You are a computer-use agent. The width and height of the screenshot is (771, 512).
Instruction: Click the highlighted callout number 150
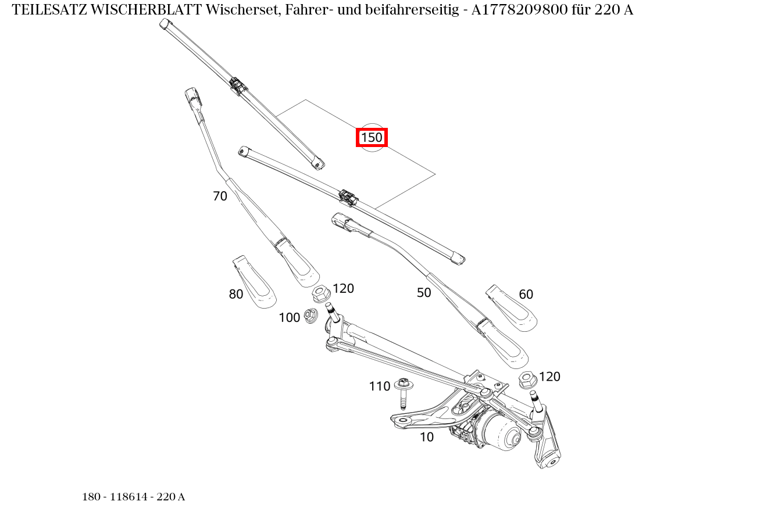372,138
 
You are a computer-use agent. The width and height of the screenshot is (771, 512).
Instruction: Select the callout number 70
220,196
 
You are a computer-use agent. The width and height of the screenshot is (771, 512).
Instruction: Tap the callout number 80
235,295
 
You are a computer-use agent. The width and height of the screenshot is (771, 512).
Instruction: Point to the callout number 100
289,317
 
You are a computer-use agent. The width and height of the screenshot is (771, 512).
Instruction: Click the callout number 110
379,386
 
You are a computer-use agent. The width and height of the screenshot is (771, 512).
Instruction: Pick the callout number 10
426,437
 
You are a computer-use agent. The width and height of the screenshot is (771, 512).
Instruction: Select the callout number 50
424,293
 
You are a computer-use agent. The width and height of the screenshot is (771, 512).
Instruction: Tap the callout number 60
526,295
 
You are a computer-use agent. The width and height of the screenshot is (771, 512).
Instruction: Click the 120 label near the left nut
343,289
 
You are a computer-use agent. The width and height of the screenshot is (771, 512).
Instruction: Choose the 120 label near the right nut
549,377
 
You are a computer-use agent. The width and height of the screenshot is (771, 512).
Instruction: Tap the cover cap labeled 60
511,309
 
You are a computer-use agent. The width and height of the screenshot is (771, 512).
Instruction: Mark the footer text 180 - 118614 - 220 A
133,497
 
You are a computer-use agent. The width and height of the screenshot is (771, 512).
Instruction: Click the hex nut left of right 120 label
527,380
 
